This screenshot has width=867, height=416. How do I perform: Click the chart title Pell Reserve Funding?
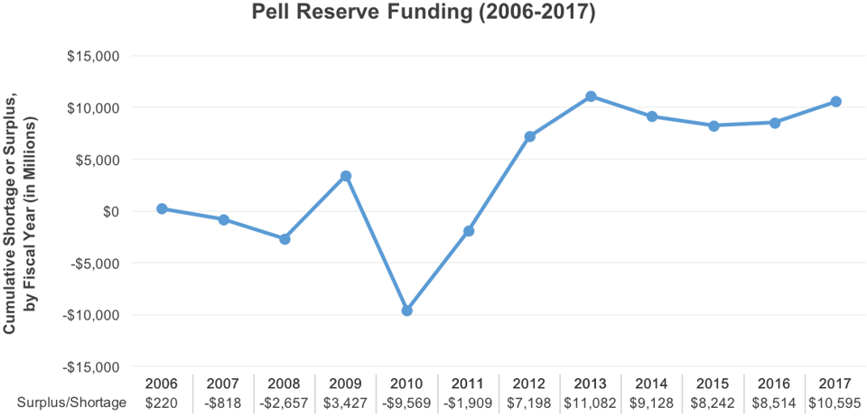click(x=423, y=15)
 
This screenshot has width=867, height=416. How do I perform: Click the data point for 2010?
click(x=407, y=310)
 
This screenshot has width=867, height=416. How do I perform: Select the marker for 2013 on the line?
click(x=591, y=96)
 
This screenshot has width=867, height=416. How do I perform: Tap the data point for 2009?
click(x=346, y=176)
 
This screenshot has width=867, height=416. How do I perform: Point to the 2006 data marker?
click(x=162, y=208)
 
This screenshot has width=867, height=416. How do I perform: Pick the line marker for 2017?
click(x=836, y=101)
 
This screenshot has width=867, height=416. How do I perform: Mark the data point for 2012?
click(x=530, y=136)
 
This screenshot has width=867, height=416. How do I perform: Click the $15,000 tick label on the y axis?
click(x=94, y=56)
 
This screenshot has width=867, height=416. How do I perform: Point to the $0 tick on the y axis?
click(x=110, y=212)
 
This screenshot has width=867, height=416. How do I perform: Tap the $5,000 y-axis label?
click(x=98, y=160)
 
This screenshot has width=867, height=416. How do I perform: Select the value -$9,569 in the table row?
click(x=406, y=403)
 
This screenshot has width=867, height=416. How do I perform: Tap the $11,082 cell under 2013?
click(x=591, y=403)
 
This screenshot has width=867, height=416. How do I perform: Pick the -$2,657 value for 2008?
click(x=284, y=403)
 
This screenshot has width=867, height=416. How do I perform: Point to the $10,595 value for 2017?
click(x=836, y=403)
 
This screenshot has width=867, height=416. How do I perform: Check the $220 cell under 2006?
click(x=162, y=403)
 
